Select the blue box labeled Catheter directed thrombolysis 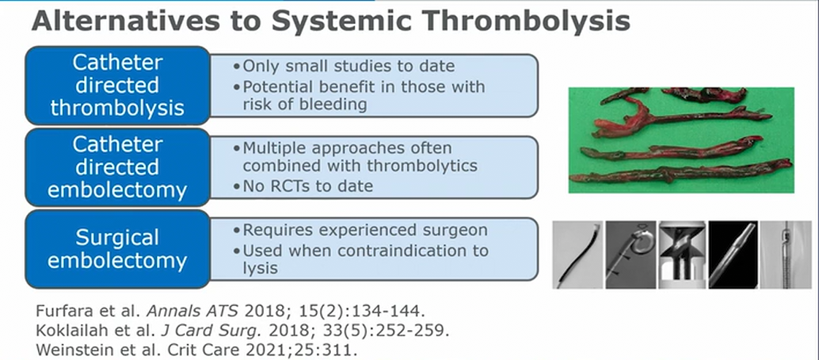coord(118,85)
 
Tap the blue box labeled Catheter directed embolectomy coord(118,167)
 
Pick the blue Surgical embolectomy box coord(118,249)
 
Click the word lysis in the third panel coord(260,269)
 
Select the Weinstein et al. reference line coord(196,350)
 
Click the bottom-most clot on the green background coord(679,171)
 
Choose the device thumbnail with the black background coord(733,255)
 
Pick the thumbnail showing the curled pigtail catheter coord(631,255)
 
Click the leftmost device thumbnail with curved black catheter coord(578,255)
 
